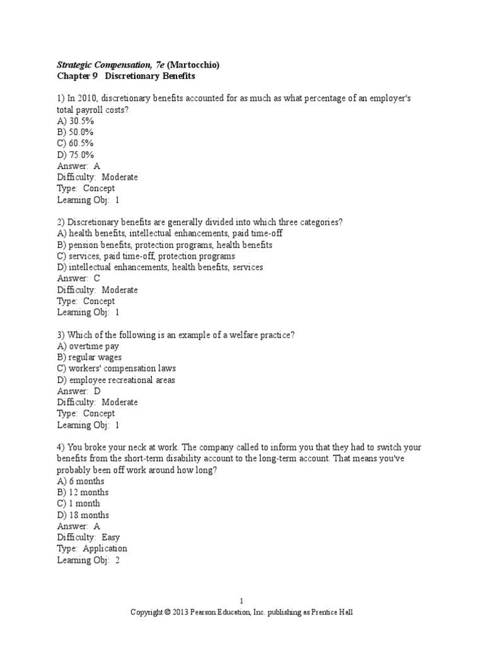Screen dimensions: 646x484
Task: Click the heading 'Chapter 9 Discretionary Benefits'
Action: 126,76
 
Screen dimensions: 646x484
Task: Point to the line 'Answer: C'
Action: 78,278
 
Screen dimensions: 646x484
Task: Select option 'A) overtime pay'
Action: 88,346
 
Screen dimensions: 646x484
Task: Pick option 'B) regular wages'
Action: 89,357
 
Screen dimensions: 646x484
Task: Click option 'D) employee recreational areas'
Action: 116,380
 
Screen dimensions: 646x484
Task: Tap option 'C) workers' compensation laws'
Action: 116,368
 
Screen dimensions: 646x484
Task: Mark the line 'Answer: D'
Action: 78,391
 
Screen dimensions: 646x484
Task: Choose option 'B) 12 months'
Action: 82,492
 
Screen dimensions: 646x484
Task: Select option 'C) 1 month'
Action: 78,503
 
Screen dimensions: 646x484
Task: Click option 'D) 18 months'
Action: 82,515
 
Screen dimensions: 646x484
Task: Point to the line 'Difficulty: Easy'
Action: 88,537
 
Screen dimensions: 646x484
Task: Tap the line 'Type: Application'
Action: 92,548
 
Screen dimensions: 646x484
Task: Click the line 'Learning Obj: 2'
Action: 88,560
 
